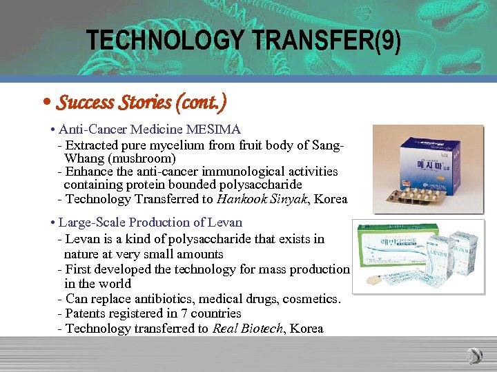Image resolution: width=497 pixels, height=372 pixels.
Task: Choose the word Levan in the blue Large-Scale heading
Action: tap(226, 223)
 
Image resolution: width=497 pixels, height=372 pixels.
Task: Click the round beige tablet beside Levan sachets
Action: tap(373, 281)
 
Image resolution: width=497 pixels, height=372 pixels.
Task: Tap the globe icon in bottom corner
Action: tap(475, 355)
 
